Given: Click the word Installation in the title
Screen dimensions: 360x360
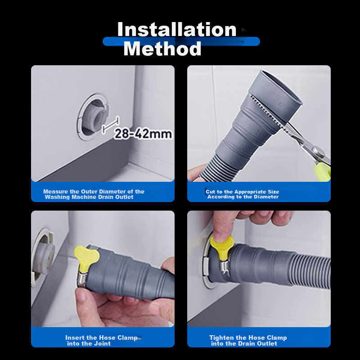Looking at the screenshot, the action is coord(177,29).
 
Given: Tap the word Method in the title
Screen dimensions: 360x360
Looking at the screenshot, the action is coord(162,49).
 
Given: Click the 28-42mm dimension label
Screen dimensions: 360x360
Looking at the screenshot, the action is coord(143,134).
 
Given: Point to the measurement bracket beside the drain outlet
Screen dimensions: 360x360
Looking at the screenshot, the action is coord(111,125).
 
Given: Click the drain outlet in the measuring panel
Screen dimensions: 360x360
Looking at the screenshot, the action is coord(94,117).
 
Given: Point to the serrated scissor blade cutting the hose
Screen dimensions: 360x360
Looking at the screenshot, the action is coord(270,114).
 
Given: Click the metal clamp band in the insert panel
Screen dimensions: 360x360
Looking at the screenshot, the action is coord(82,279).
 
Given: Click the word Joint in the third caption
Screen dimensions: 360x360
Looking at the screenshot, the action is coord(103,343).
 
